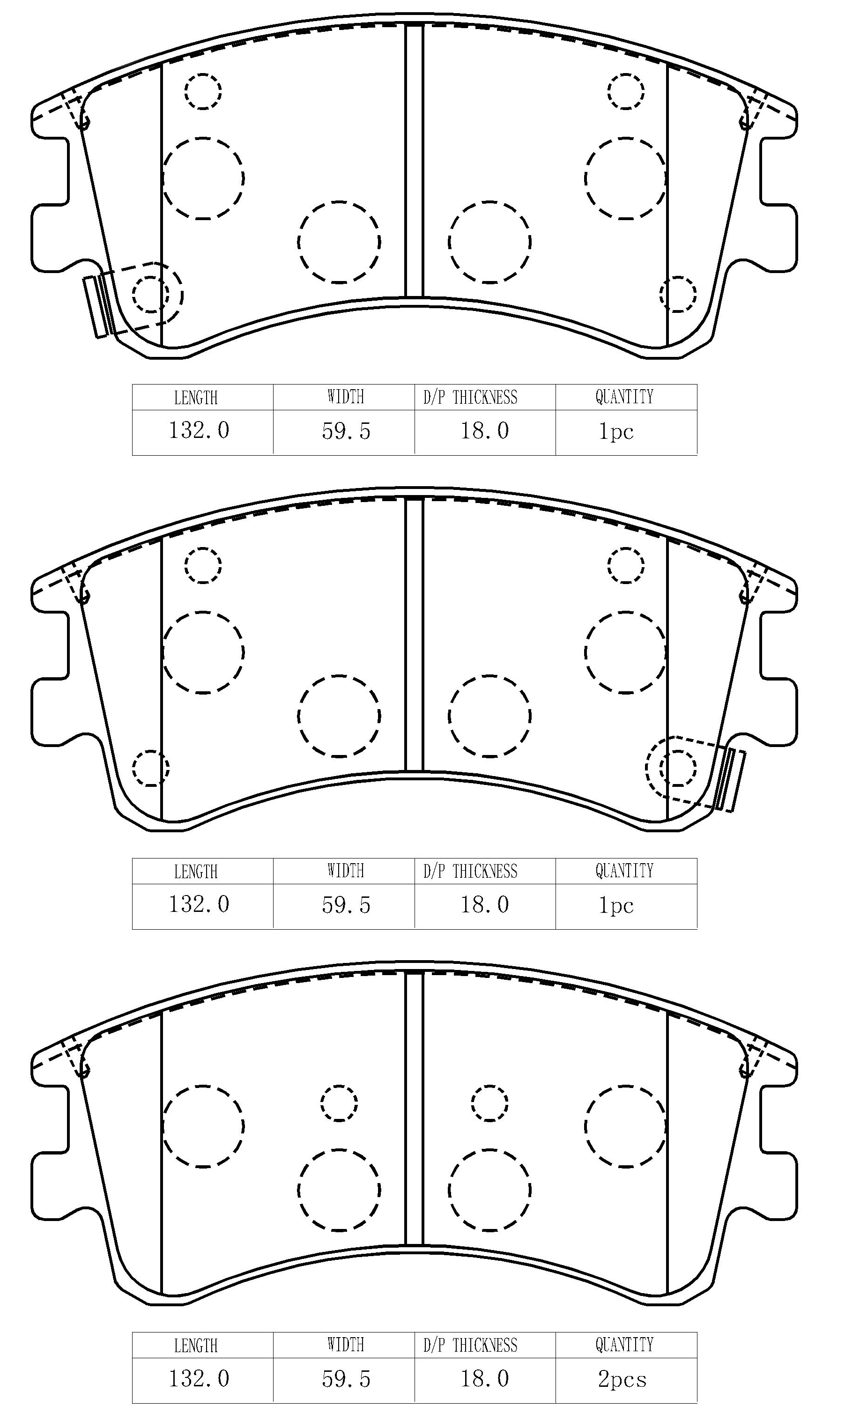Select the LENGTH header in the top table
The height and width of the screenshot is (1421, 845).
[196, 397]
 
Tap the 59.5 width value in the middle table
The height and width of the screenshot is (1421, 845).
[346, 905]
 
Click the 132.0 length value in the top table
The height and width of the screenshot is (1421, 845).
[199, 430]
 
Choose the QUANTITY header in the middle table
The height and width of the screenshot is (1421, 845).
[625, 871]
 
